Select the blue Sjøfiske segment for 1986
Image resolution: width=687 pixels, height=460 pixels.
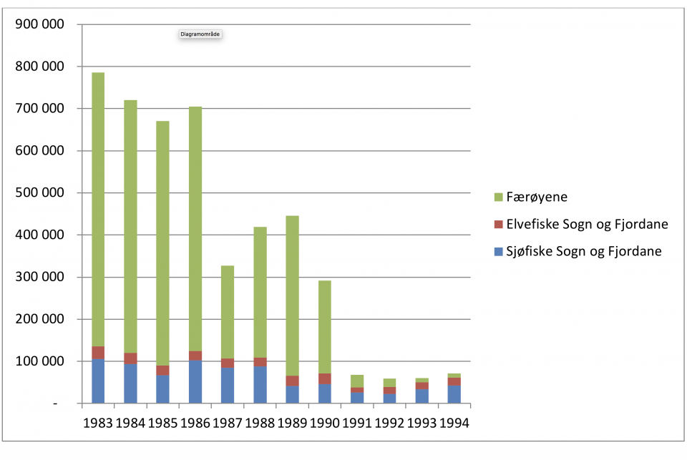(x=195, y=382)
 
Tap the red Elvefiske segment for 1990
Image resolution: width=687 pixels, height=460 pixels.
(x=325, y=378)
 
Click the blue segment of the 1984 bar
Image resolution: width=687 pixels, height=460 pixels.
(x=130, y=384)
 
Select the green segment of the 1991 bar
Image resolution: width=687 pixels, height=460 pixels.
(x=357, y=381)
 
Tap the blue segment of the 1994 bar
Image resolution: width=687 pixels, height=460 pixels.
(x=454, y=394)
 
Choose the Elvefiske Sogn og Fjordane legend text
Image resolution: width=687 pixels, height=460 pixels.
(x=586, y=224)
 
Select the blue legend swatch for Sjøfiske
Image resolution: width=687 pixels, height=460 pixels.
(x=498, y=251)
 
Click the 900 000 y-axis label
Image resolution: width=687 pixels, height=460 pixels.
(x=39, y=24)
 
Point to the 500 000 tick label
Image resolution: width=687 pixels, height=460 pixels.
(x=39, y=193)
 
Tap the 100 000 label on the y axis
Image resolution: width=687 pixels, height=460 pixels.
(x=39, y=361)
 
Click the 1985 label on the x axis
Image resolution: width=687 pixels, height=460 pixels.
(x=162, y=423)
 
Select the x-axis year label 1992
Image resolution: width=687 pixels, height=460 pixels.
(x=389, y=423)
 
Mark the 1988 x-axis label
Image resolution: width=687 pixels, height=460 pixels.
(x=259, y=423)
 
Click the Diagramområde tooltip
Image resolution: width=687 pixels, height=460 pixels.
(x=201, y=34)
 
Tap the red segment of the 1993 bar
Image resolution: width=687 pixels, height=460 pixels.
(x=422, y=386)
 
